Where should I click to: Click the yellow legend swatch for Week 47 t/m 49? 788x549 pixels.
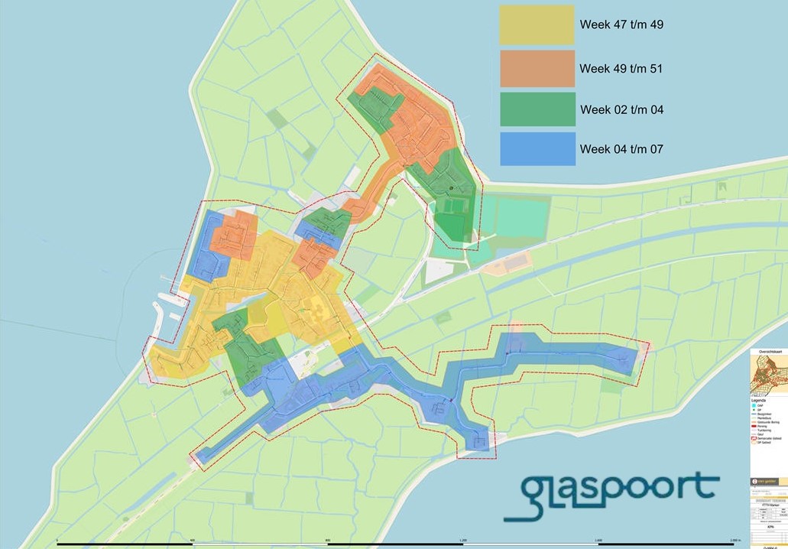(537, 25)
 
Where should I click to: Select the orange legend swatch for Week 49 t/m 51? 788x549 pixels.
(537, 69)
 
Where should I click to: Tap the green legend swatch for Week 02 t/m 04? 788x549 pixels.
(537, 109)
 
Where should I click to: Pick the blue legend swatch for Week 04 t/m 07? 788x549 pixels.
(537, 149)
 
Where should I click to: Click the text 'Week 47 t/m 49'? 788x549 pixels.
(621, 25)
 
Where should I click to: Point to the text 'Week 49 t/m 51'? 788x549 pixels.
(621, 69)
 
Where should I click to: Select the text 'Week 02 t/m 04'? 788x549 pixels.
(621, 110)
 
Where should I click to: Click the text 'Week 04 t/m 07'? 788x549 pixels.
(621, 149)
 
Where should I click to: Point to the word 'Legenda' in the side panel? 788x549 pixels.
(760, 399)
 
